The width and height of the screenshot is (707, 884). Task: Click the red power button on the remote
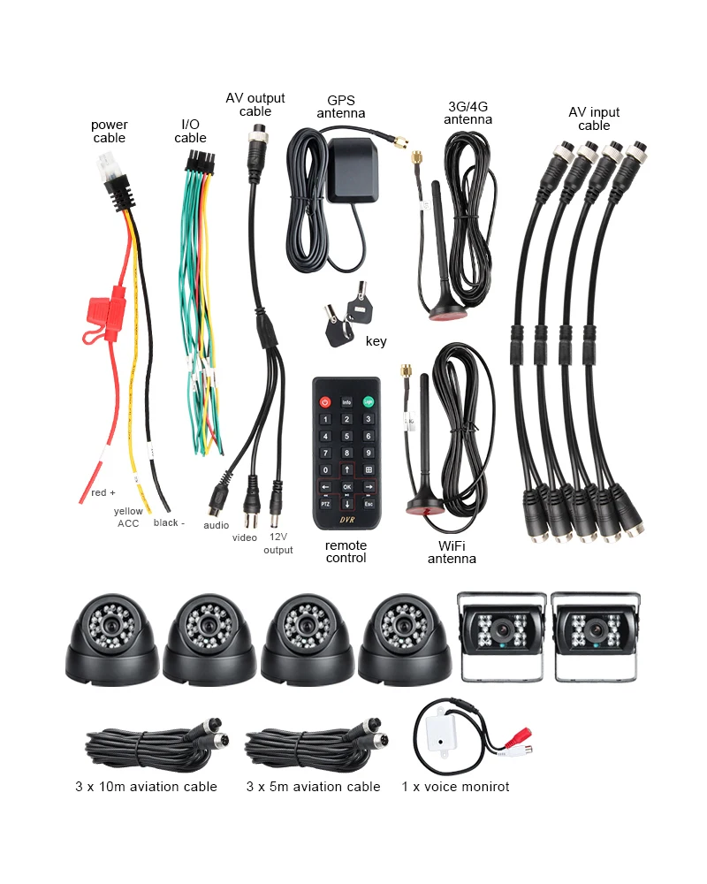[x=325, y=402]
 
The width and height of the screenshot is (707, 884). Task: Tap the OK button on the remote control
[x=346, y=486]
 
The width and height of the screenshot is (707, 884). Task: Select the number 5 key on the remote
[x=346, y=436]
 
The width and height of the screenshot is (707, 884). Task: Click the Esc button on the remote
[x=369, y=504]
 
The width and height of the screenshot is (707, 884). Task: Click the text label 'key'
[x=376, y=341]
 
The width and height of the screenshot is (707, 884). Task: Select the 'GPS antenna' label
[x=341, y=107]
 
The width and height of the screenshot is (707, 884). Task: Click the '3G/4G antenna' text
[x=468, y=113]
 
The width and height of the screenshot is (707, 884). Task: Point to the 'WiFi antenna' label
[x=452, y=552]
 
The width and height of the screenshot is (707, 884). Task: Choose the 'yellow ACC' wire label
[x=128, y=517]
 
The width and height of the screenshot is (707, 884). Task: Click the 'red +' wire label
[x=103, y=492]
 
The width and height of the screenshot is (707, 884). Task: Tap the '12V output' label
[x=278, y=544]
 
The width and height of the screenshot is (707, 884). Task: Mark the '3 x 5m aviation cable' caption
[x=314, y=787]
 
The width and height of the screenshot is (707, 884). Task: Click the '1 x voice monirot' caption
[x=455, y=787]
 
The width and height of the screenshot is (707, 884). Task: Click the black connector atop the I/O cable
[x=200, y=163]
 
